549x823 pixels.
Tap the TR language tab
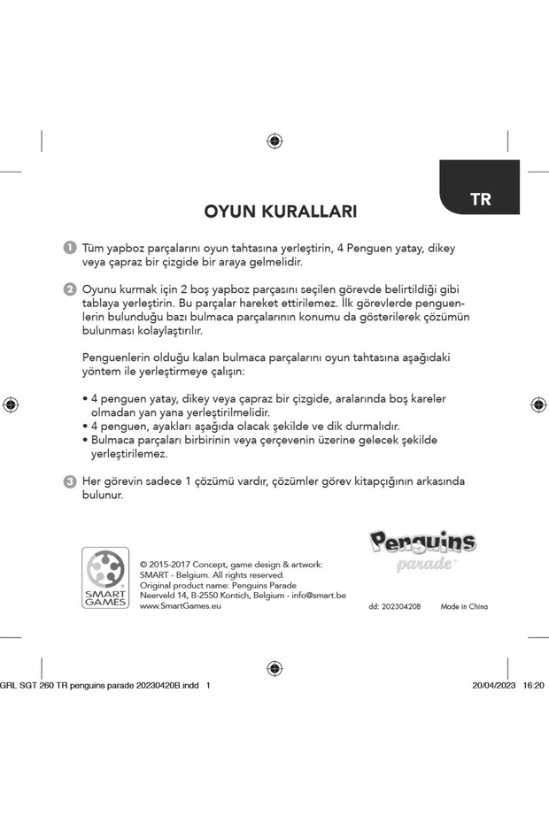tap(479, 198)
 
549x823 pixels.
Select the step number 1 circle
tap(69, 249)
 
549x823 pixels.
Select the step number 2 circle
tap(69, 289)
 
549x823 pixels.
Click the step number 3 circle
tap(69, 481)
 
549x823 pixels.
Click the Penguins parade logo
tap(422, 549)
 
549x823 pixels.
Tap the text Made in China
tap(463, 607)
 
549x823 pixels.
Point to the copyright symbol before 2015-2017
tap(143, 565)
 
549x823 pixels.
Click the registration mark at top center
tap(274, 141)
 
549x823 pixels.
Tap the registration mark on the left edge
tap(11, 404)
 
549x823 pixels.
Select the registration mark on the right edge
tap(538, 404)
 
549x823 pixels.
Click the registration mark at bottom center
tap(274, 668)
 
